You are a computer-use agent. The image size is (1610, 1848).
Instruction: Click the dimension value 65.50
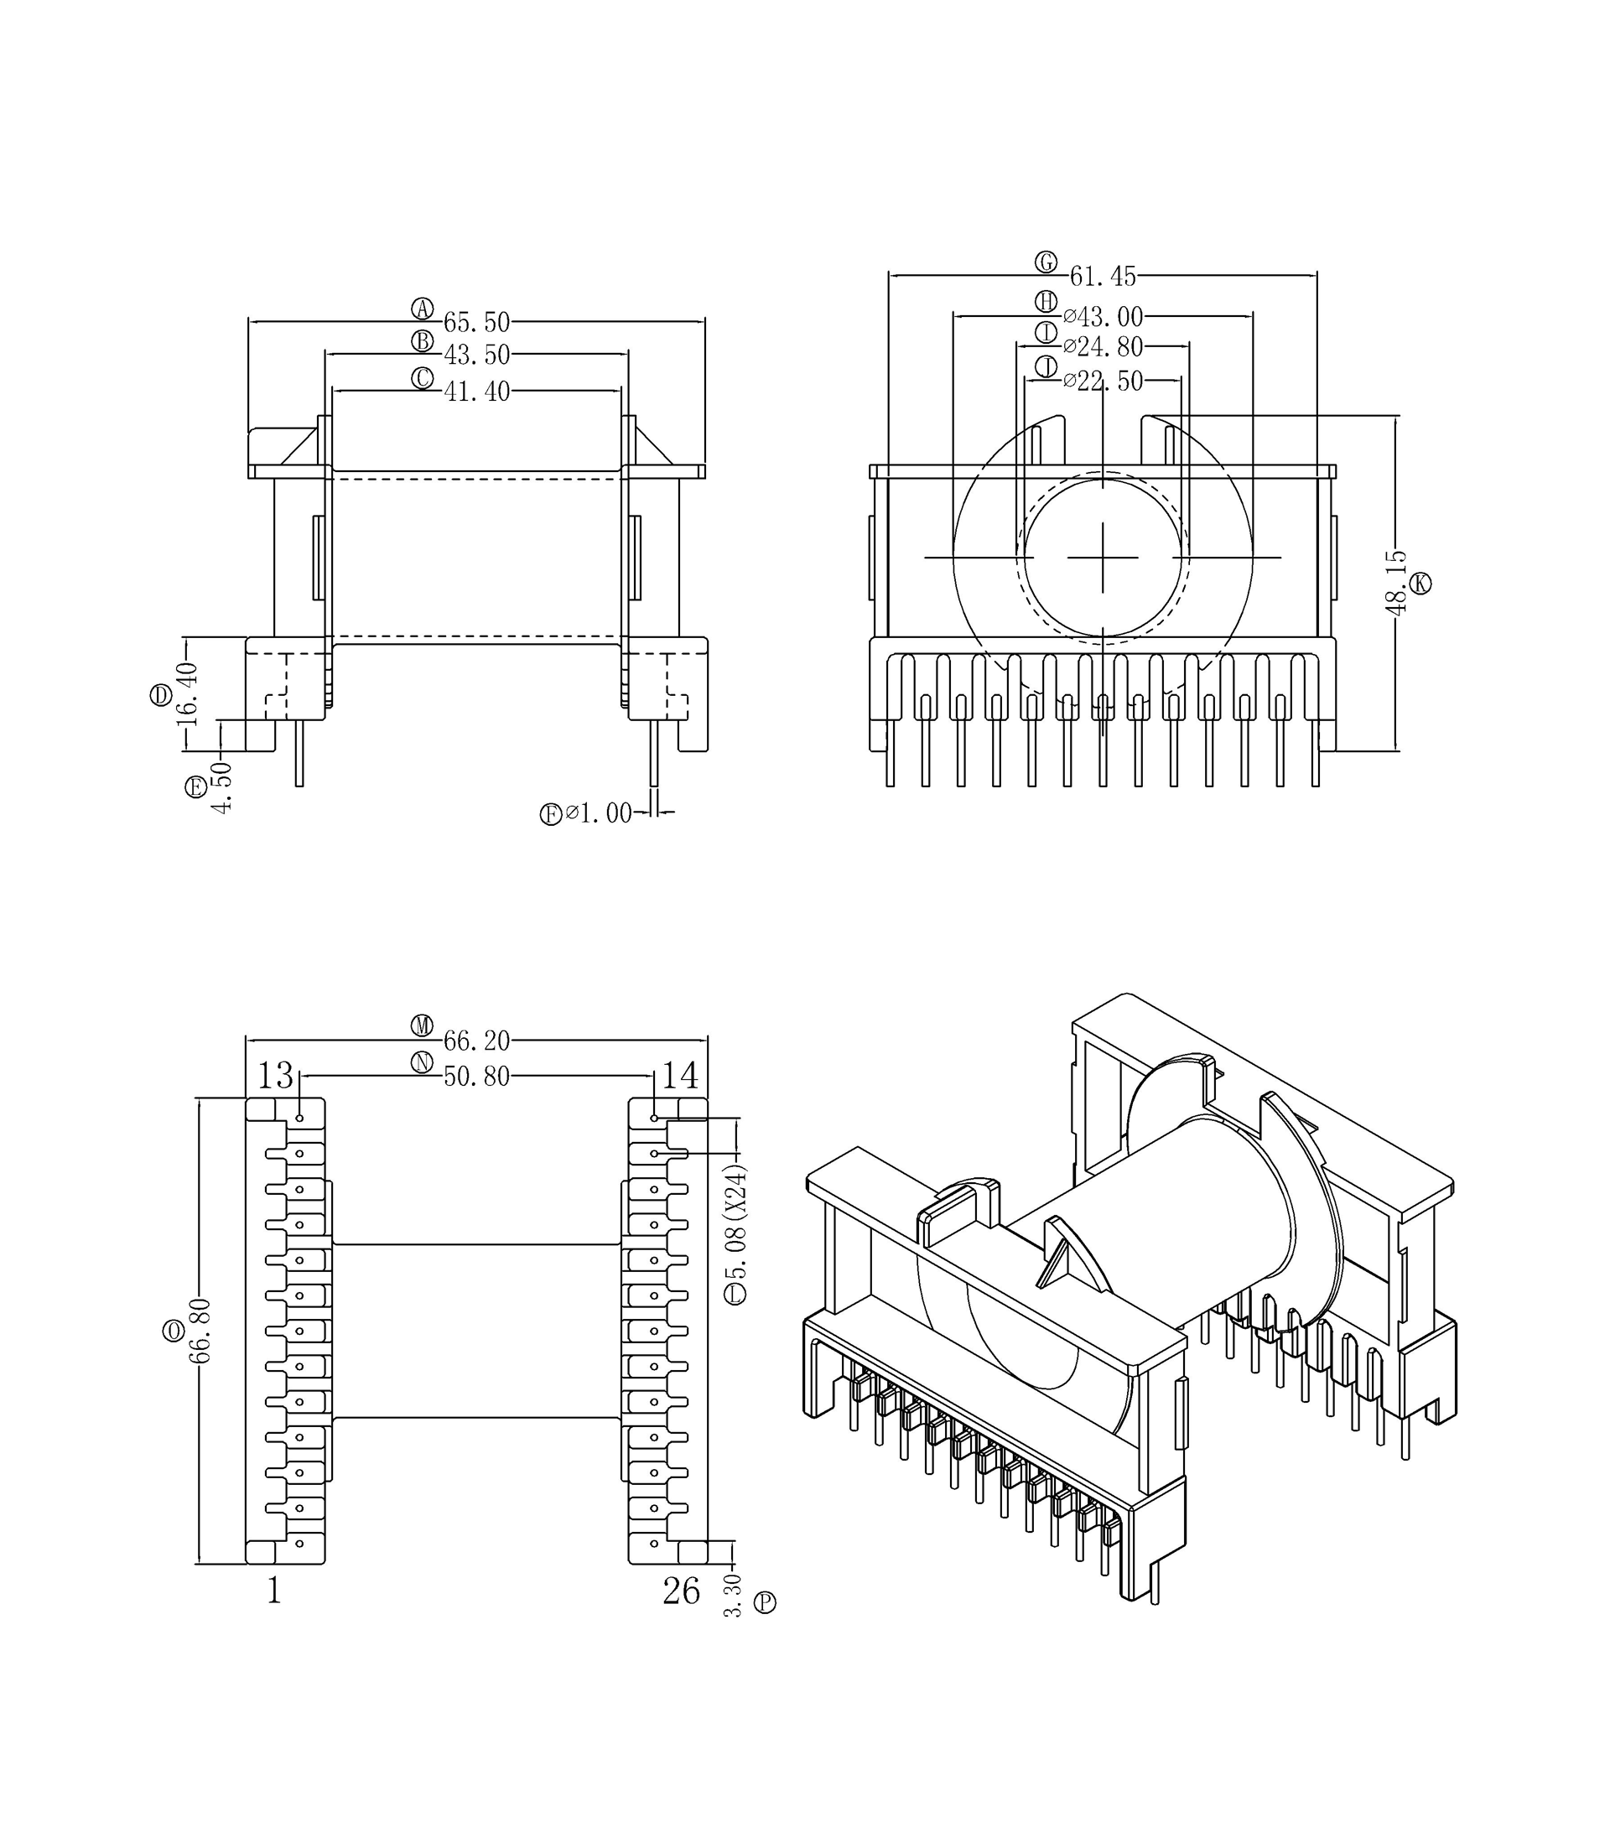coord(476,322)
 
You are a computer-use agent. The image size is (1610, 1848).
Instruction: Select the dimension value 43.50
coord(476,355)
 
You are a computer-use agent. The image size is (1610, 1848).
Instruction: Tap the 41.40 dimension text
coord(476,392)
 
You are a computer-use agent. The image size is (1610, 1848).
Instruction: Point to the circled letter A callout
coord(423,309)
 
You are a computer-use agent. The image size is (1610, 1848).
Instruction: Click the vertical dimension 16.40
coord(187,693)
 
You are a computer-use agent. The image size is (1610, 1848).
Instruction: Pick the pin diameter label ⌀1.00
coord(599,814)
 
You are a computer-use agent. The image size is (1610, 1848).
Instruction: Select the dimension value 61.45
coord(1103,276)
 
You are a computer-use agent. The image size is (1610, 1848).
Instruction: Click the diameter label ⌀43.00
coord(1103,317)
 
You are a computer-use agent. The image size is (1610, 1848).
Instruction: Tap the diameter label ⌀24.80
coord(1103,347)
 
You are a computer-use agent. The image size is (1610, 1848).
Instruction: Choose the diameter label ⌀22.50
coord(1103,382)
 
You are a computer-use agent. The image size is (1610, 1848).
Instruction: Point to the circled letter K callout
coord(1420,583)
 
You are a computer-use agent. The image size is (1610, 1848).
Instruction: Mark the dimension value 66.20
coord(476,1041)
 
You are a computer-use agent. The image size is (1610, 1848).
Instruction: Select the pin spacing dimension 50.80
coord(476,1077)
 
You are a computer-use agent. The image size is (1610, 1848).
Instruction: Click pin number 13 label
coord(276,1074)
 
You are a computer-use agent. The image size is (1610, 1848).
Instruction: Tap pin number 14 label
coord(680,1074)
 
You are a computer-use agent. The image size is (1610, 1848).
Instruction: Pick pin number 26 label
coord(681,1591)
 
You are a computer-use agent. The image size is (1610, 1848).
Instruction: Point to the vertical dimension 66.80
coord(200,1331)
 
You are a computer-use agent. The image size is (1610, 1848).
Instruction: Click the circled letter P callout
coord(765,1601)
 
